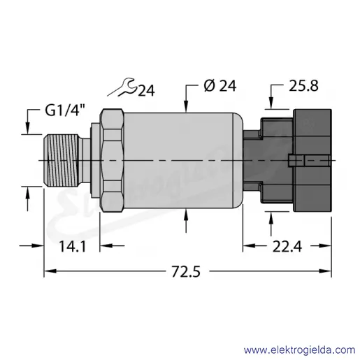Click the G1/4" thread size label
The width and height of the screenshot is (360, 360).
[x=65, y=110]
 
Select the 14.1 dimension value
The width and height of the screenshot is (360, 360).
[x=73, y=246]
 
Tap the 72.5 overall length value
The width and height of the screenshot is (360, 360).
[x=186, y=271]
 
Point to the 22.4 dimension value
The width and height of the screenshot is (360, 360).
[x=287, y=246]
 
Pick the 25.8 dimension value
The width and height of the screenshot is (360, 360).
[x=303, y=85]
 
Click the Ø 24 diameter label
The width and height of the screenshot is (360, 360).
[x=219, y=85]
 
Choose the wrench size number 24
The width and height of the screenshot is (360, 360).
[x=146, y=91]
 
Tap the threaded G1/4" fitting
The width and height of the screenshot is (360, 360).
[x=62, y=160]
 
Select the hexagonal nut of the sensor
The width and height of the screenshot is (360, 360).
[x=112, y=160]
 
